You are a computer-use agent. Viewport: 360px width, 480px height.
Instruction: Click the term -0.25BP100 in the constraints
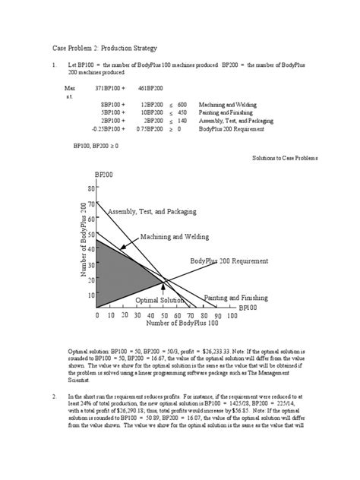[107, 130]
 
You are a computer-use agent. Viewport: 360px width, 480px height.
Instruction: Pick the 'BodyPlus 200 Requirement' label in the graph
[229, 261]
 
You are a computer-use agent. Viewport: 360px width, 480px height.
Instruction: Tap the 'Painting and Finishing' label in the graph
[237, 298]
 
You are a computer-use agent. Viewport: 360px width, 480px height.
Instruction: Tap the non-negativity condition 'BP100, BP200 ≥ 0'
[96, 145]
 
